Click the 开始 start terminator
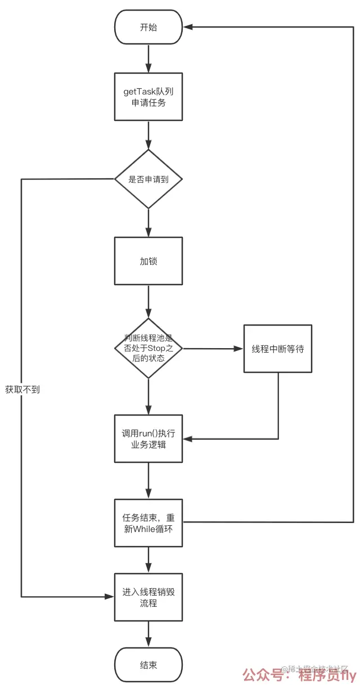click(x=148, y=27)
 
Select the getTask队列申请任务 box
click(x=148, y=96)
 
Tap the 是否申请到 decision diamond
click(x=148, y=179)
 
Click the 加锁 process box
click(x=148, y=261)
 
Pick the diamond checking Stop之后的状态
click(x=148, y=348)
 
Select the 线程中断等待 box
click(x=278, y=348)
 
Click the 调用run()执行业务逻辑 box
click(x=148, y=439)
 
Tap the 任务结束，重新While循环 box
click(x=148, y=523)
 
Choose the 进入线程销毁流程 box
click(x=148, y=597)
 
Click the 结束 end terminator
click(x=148, y=665)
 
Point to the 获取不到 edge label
click(x=22, y=389)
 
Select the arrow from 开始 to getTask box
click(x=148, y=57)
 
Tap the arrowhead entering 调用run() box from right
click(x=188, y=439)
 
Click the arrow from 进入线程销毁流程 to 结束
click(x=148, y=634)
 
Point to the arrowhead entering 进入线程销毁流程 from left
click(x=110, y=597)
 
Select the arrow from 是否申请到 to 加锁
click(x=148, y=223)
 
